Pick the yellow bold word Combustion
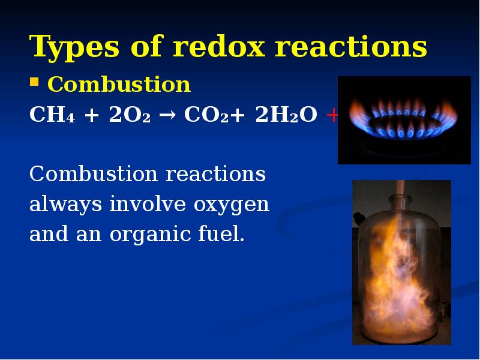click(x=119, y=85)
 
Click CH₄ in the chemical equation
click(x=49, y=115)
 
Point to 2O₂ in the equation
click(x=129, y=115)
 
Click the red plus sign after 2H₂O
click(x=332, y=115)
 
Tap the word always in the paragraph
click(x=66, y=205)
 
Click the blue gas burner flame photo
click(x=404, y=120)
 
